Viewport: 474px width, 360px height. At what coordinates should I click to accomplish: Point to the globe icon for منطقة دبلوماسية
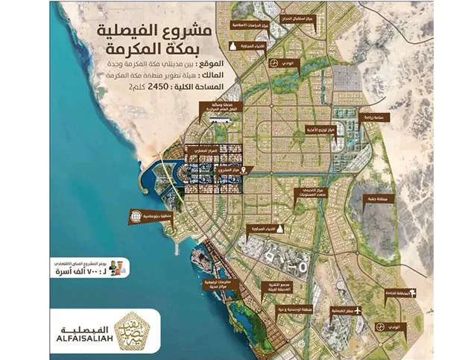(136, 217)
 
